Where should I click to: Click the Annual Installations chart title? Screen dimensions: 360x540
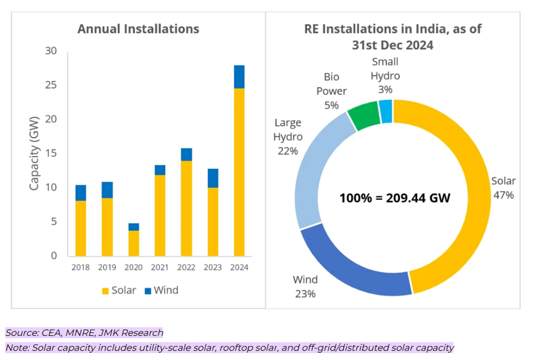tap(138, 29)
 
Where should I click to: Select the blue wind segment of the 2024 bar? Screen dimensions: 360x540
tap(239, 77)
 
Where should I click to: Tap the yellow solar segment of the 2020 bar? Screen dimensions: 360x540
tap(133, 243)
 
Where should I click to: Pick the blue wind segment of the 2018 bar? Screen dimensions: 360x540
tap(81, 193)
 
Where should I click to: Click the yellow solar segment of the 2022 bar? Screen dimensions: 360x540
tap(186, 208)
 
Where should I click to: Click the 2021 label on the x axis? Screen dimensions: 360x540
tap(160, 267)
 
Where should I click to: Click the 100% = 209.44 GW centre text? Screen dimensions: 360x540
tap(395, 198)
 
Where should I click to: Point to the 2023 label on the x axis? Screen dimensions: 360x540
tap(213, 267)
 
